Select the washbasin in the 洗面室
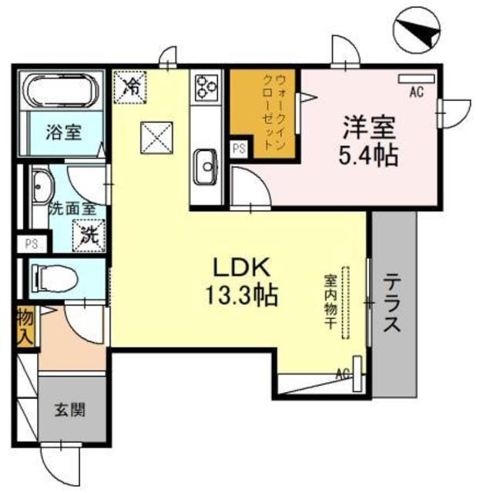pyautogui.click(x=42, y=184)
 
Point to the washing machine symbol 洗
pyautogui.click(x=88, y=234)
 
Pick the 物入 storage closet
pyautogui.click(x=25, y=326)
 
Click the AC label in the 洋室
pyautogui.click(x=416, y=92)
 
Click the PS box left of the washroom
pyautogui.click(x=31, y=244)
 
